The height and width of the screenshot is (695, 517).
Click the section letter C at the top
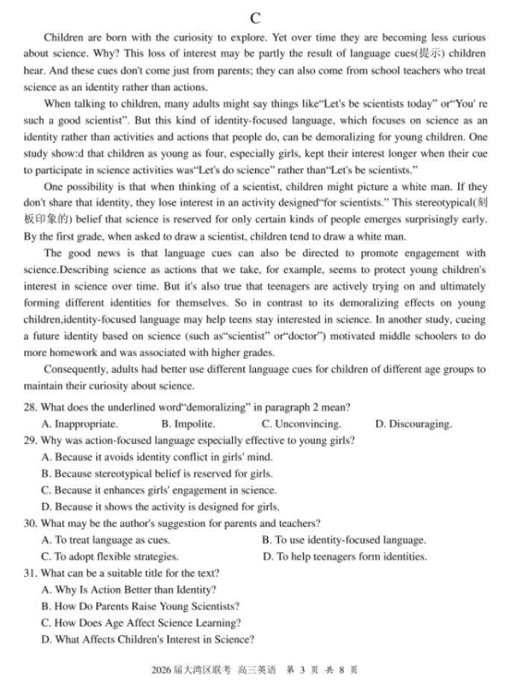coord(256,18)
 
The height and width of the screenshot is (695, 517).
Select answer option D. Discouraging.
coord(413,424)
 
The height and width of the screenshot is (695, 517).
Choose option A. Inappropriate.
coord(80,424)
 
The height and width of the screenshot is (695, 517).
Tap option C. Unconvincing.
coord(301,424)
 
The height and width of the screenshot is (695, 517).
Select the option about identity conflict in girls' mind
coord(157,457)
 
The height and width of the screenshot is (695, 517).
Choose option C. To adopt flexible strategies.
coord(110,556)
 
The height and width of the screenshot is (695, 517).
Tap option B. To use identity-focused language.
coord(344,540)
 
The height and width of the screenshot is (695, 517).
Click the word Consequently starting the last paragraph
coord(78,370)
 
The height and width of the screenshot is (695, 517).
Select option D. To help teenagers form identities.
coord(345,556)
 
